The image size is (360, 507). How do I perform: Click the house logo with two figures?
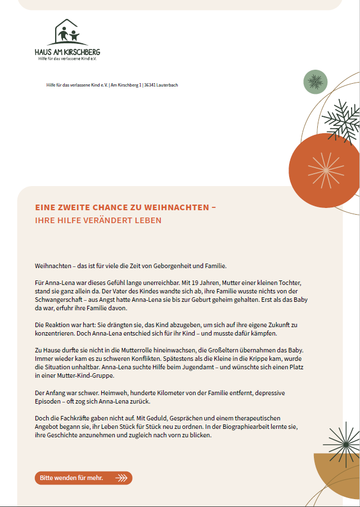67,34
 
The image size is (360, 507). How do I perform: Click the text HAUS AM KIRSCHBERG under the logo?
67,52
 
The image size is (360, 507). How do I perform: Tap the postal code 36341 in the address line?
150,85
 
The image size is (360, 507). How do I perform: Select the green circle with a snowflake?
315,83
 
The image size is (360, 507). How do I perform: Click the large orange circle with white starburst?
325,169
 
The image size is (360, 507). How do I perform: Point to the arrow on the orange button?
121,478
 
